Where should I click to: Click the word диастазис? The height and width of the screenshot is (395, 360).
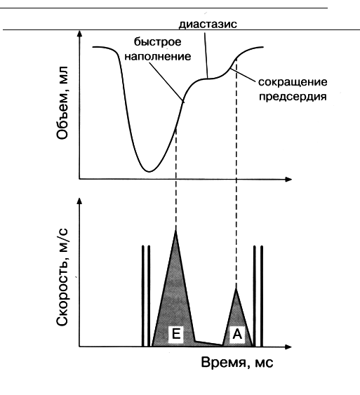pos(208,24)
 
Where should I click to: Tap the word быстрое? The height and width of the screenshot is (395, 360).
pos(157,42)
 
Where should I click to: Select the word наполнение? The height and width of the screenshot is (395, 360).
pos(158,56)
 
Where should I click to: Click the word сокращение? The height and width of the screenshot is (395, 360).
pos(293,82)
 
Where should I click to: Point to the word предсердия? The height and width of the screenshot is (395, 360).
pos(293,97)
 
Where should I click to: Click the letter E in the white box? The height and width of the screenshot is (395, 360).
pos(176,334)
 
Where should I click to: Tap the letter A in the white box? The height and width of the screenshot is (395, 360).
pos(237,334)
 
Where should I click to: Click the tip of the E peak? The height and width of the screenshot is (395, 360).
pos(175,229)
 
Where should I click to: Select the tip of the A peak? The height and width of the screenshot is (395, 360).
pos(236,288)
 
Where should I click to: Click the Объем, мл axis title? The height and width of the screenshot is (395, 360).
pos(62,102)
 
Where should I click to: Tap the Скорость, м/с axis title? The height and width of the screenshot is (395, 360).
pos(62,278)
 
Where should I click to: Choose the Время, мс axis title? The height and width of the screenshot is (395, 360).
pos(237,363)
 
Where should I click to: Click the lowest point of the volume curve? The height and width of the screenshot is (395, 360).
pos(149,172)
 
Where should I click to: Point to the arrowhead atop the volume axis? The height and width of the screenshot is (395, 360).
pos(80,34)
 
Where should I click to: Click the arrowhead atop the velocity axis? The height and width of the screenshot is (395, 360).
pos(80,201)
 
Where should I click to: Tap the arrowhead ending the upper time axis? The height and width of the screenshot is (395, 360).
pos(288,180)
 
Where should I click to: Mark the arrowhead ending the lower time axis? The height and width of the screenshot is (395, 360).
pos(288,347)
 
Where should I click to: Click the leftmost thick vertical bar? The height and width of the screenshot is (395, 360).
pos(143,296)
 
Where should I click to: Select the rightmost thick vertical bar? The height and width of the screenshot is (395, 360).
pos(262,296)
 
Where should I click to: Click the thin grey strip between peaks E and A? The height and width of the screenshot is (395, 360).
pos(208,344)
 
